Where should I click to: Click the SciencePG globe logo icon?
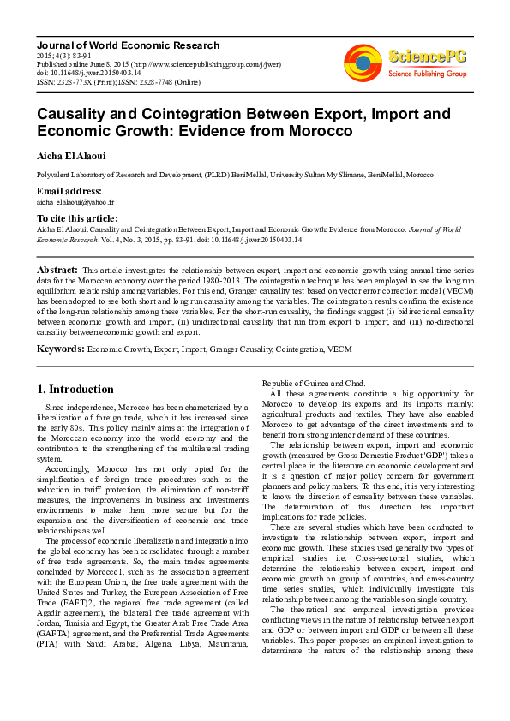[x=363, y=63]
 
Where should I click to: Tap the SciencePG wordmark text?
[x=428, y=57]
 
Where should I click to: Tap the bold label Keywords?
[x=59, y=349]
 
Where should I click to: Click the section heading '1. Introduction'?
[x=75, y=389]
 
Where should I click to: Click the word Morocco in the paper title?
[x=315, y=131]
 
